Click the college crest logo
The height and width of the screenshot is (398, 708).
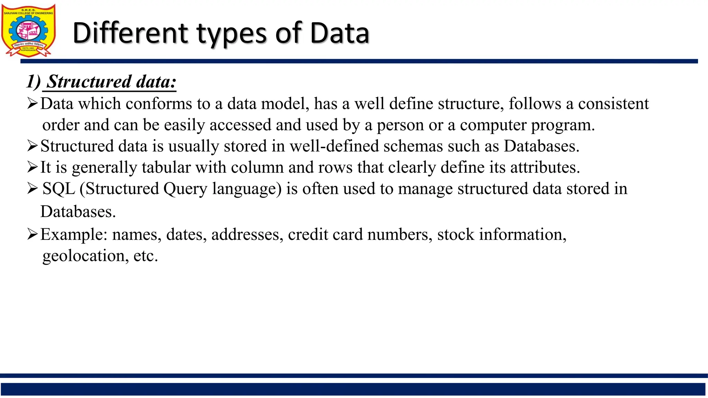coord(28,30)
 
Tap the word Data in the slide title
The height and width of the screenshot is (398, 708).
coord(339,33)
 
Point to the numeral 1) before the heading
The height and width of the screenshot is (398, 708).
coord(34,82)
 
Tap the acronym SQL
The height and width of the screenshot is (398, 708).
coord(59,189)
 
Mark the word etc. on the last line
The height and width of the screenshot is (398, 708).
coord(146,256)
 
